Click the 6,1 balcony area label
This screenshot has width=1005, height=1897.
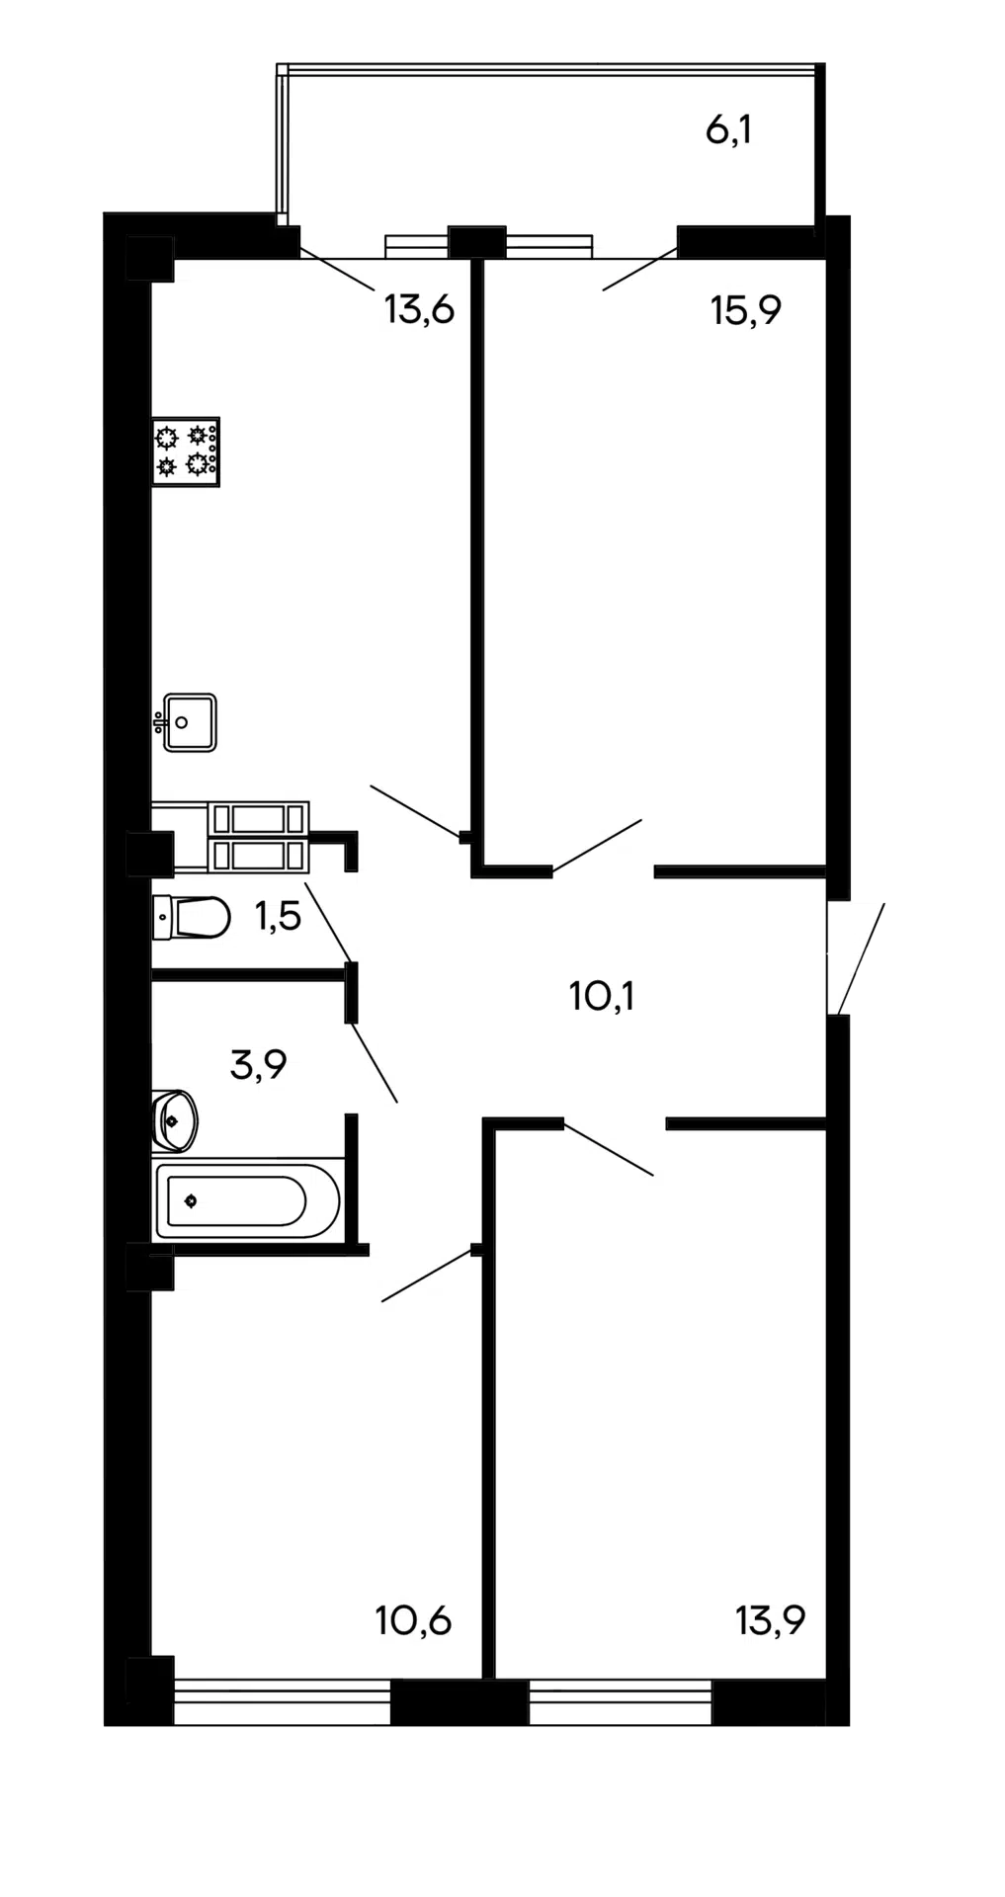729,129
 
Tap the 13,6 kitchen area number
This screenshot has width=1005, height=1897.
419,310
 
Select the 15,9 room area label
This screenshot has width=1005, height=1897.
746,311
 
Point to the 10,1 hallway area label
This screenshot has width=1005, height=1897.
602,996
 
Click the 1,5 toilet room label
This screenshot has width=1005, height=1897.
278,917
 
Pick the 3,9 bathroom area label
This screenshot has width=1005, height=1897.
258,1065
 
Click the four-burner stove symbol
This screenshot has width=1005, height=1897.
186,452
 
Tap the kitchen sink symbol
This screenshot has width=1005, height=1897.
186,722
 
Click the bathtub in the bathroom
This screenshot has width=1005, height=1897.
247,1200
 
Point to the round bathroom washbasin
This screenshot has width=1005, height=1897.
175,1120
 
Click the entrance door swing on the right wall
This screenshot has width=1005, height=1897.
862,958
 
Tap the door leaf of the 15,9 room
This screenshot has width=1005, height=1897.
598,847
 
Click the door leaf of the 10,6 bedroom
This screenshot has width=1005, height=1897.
427,1276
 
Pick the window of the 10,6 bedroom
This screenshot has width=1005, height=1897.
283,1705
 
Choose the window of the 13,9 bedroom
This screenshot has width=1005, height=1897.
621,1705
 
